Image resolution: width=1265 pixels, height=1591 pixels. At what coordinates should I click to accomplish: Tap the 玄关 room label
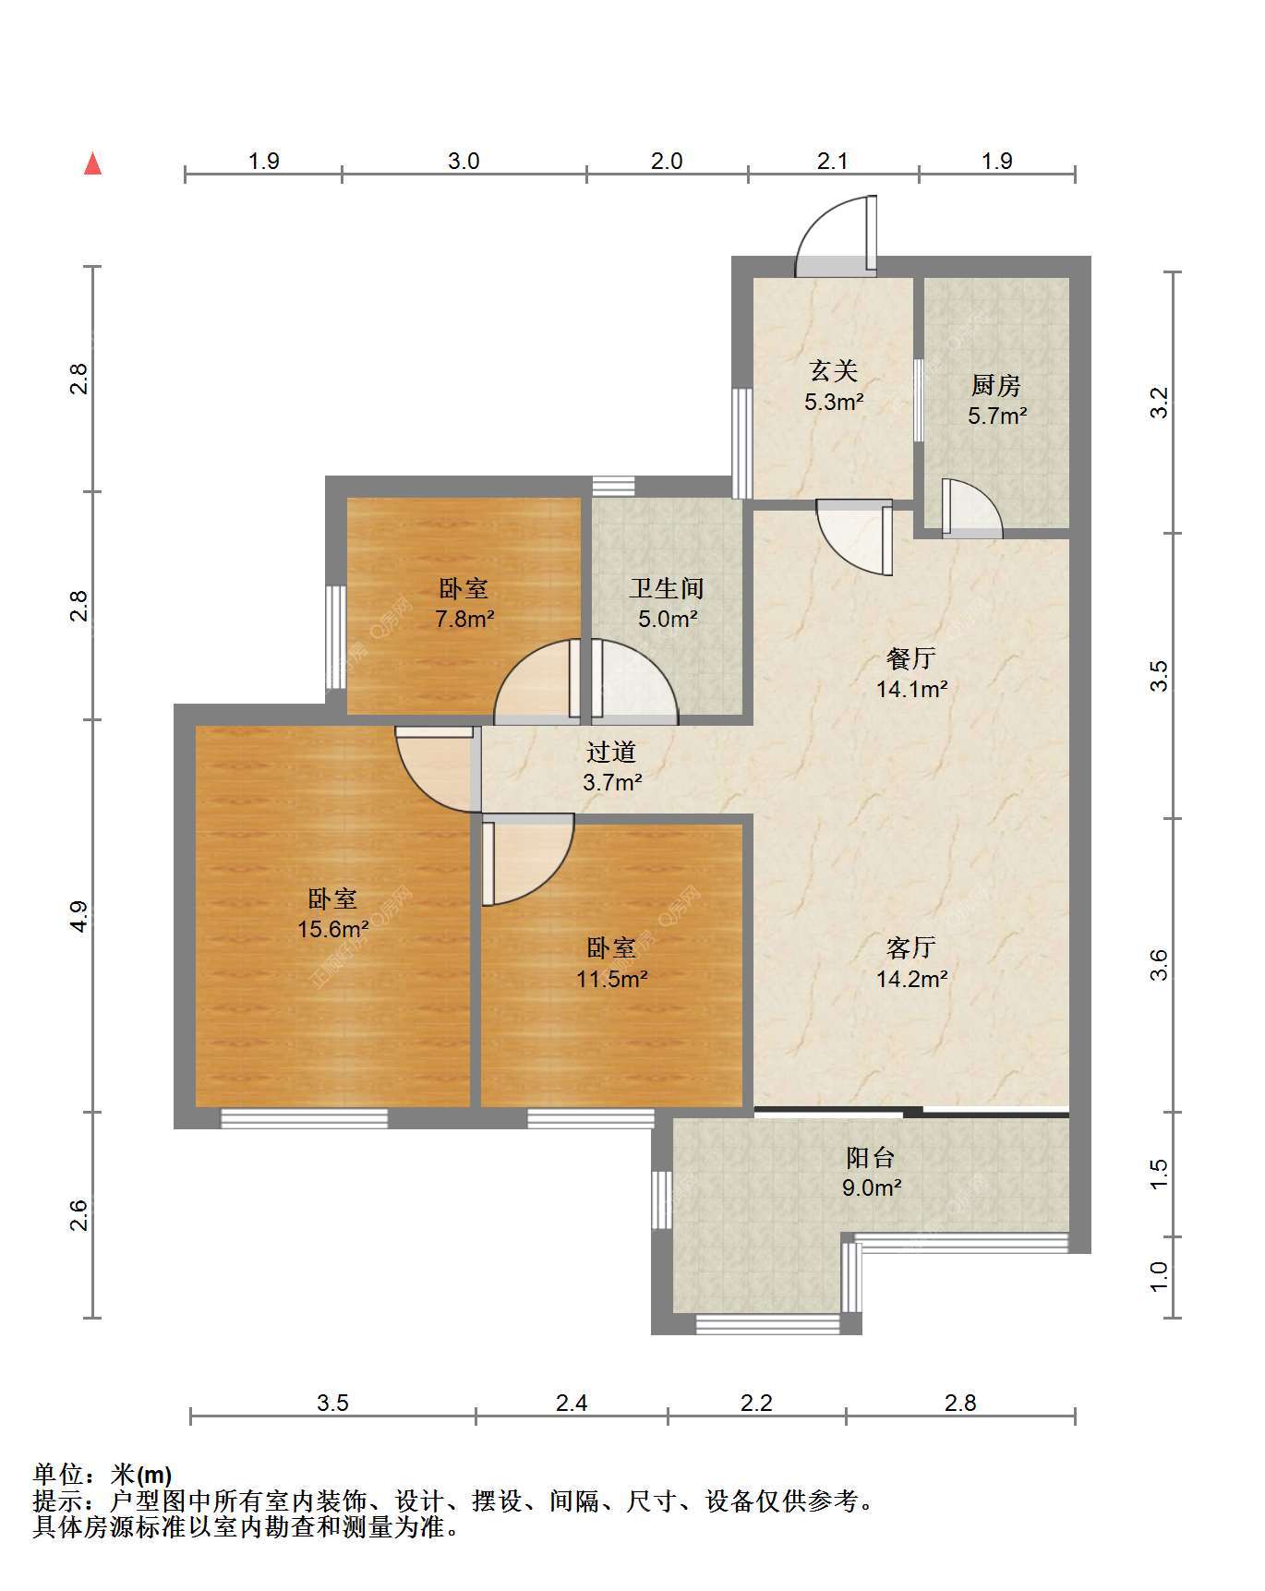pos(834,371)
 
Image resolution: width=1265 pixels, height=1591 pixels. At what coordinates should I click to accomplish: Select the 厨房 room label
pos(996,385)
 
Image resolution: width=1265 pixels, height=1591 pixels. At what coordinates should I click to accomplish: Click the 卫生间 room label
pos(668,588)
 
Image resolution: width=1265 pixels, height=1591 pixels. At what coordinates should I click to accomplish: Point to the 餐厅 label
pos(911,658)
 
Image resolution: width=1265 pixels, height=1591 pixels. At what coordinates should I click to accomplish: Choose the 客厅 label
pos(911,947)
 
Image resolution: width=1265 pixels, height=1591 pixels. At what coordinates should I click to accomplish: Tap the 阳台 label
pos(871,1157)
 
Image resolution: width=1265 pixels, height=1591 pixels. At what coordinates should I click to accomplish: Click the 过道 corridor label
pos(611,753)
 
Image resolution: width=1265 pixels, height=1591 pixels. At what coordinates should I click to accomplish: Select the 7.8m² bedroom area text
pos(464,619)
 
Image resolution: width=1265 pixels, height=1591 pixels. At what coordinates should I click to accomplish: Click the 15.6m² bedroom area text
pos(333,929)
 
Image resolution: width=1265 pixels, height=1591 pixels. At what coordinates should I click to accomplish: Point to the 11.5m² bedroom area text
pos(612,979)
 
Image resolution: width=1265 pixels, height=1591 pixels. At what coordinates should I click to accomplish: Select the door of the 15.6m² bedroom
pos(434,769)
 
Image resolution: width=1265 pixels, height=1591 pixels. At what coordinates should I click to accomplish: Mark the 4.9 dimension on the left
pos(79,916)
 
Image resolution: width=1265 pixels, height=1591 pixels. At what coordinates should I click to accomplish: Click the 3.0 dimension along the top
pos(464,161)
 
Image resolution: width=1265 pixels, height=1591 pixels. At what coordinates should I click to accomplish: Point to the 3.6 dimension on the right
pos(1160,965)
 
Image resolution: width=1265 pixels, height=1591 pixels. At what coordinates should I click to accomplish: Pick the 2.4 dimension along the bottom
pos(572,1403)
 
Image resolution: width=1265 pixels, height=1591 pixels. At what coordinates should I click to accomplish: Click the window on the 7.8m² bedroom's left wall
pos(336,637)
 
